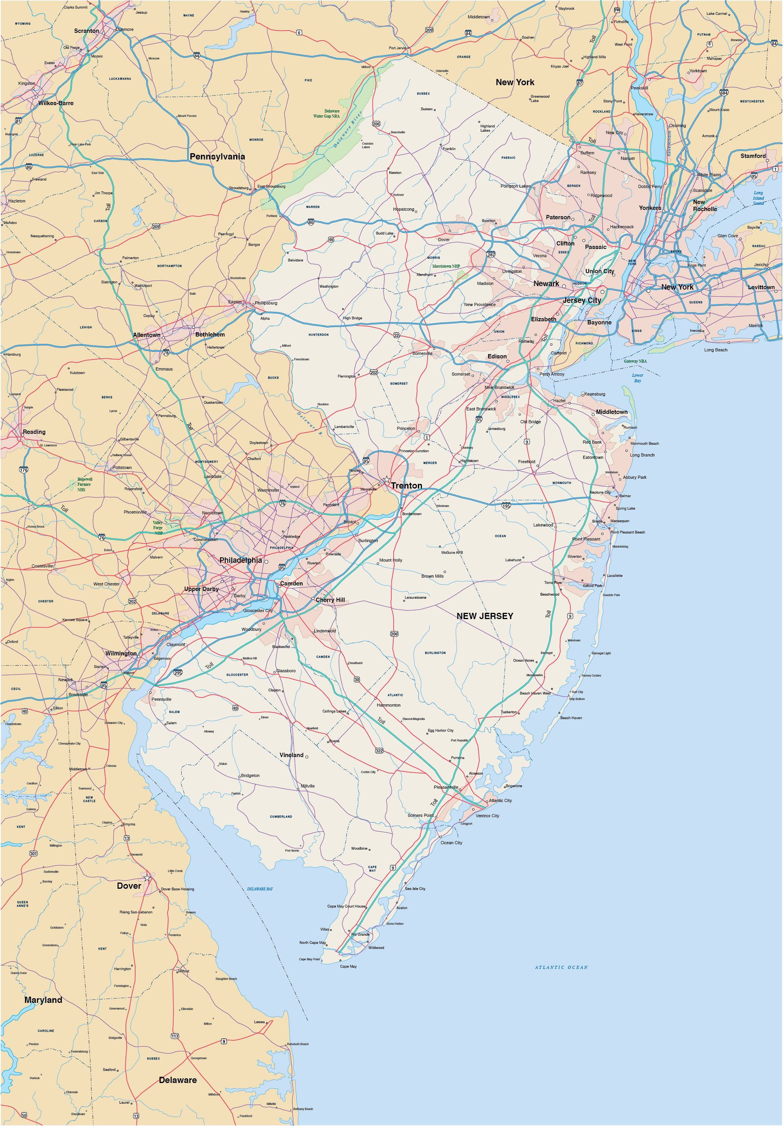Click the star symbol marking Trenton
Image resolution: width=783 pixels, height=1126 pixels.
tap(387, 479)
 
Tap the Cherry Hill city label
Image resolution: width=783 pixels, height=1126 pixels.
tap(330, 600)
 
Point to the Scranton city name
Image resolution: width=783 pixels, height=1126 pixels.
tap(86, 31)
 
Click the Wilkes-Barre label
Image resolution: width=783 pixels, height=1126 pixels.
tap(56, 103)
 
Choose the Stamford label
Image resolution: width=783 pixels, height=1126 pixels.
tap(753, 156)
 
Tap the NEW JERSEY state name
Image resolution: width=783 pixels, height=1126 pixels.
tap(485, 616)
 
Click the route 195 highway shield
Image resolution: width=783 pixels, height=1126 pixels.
tap(506, 506)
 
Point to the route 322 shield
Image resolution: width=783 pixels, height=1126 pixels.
tap(379, 751)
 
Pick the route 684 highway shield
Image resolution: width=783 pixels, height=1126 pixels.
tap(724, 93)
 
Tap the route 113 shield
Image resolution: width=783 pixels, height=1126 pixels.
tap(175, 1036)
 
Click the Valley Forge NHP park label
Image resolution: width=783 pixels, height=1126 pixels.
tap(158, 528)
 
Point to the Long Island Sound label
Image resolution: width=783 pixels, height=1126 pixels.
tap(758, 198)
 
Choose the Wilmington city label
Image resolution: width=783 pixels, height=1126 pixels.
tap(121, 653)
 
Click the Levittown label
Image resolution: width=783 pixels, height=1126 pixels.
tap(761, 287)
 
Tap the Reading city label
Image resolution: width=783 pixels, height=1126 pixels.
tap(34, 432)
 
